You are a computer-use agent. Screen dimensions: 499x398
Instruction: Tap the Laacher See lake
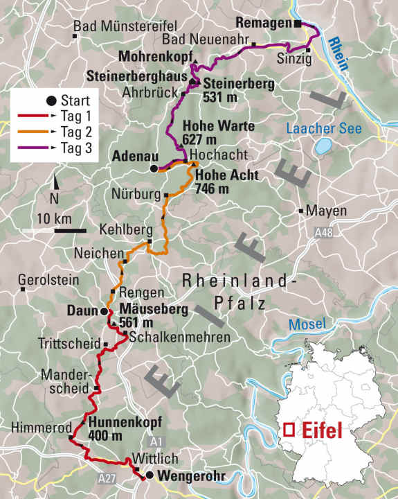[x=323, y=146]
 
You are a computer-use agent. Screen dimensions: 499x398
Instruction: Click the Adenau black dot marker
[x=154, y=168]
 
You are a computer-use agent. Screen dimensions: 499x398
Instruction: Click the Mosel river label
[x=302, y=324]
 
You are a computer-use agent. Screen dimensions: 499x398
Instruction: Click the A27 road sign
[x=107, y=478]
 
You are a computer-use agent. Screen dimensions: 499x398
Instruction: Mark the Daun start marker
[x=104, y=310]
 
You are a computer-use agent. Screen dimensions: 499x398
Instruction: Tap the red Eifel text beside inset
[x=323, y=430]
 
